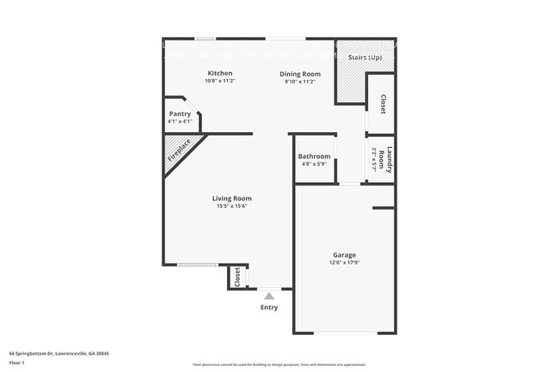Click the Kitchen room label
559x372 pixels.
click(x=220, y=73)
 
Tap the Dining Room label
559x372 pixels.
click(x=299, y=74)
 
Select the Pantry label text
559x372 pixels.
click(x=180, y=113)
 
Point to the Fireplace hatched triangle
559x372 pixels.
click(x=179, y=152)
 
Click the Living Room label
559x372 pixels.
click(x=231, y=198)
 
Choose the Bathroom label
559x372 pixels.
click(x=314, y=156)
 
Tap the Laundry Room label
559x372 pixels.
click(x=389, y=161)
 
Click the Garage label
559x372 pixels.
click(x=344, y=254)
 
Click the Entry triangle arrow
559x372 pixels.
click(x=268, y=296)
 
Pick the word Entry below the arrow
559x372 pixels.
click(x=268, y=308)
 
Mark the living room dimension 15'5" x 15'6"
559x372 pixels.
click(x=231, y=206)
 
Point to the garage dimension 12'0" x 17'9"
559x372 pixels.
click(x=344, y=262)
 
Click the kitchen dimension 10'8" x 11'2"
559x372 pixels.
click(x=220, y=81)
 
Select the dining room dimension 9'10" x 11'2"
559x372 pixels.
click(x=299, y=82)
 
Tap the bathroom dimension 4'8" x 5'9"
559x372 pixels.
click(x=314, y=164)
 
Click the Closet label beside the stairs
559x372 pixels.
click(x=383, y=104)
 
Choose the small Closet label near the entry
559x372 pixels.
click(x=237, y=277)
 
